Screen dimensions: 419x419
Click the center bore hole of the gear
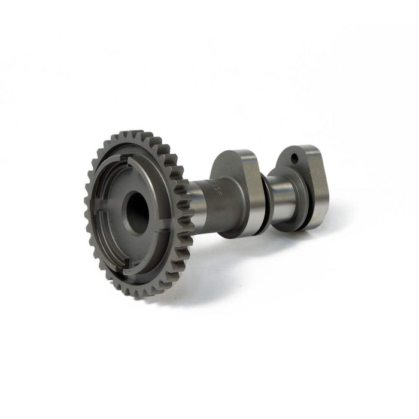tap(138, 213)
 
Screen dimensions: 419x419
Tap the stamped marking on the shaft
tap(217, 193)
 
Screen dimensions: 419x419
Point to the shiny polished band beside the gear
tap(196, 200)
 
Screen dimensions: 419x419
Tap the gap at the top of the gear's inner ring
tap(129, 158)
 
